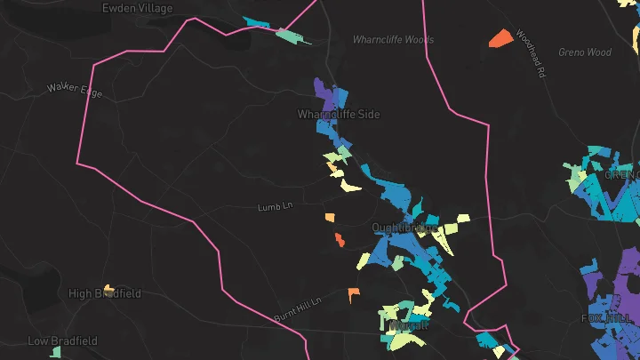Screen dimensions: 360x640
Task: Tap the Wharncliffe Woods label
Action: tap(393, 40)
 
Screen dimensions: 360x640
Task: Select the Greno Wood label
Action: tap(585, 52)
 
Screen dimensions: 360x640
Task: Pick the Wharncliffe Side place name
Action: tap(338, 116)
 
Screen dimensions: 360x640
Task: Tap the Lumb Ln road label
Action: tap(275, 207)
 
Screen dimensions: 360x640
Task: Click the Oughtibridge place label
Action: tap(404, 228)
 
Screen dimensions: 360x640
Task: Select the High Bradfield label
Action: tap(105, 293)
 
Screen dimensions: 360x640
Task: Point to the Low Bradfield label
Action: tap(62, 341)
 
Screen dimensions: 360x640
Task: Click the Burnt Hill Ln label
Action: tap(297, 309)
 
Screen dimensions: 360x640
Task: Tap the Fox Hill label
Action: tap(604, 318)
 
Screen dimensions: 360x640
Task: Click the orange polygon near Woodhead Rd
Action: tap(500, 38)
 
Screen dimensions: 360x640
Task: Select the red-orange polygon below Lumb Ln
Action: tap(340, 239)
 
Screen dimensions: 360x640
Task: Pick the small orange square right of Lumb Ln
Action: tap(330, 217)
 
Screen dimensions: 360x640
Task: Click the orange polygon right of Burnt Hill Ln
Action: tap(353, 294)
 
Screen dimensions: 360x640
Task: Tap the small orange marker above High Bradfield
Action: tap(108, 287)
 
